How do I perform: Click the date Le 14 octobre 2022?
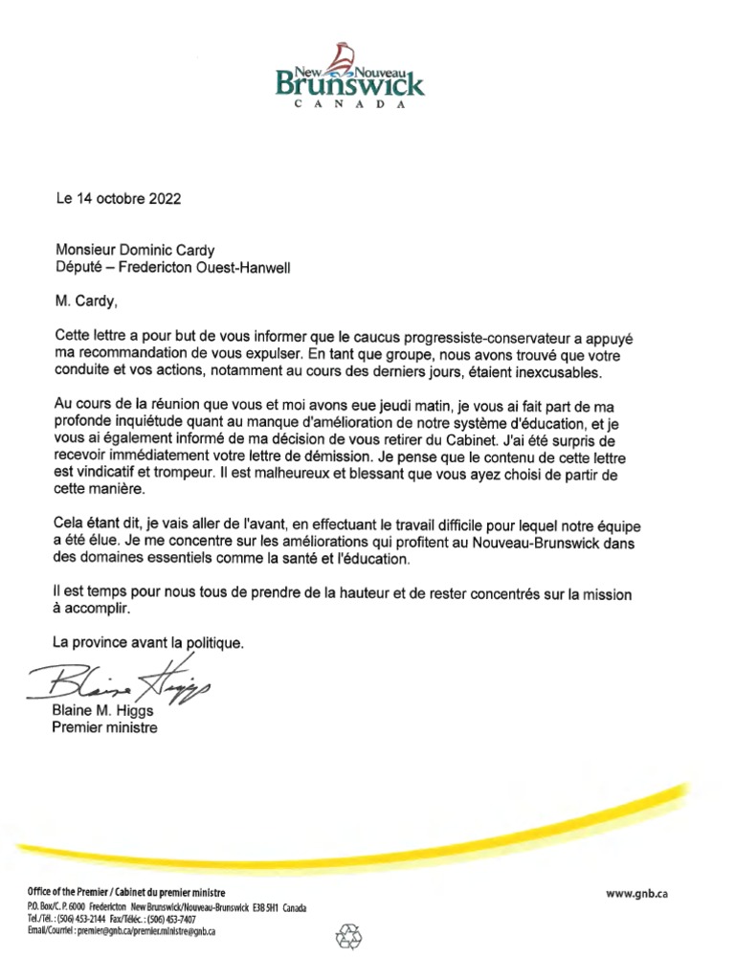click(117, 200)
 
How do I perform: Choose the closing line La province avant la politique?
click(148, 643)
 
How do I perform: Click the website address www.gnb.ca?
click(636, 893)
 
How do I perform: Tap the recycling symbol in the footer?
click(346, 937)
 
